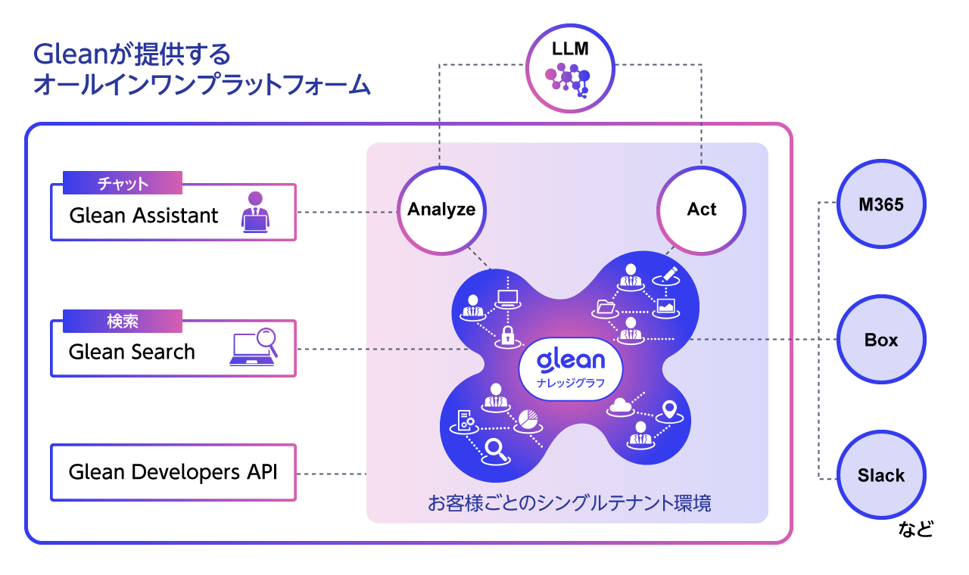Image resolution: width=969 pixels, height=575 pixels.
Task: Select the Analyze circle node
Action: coord(441,210)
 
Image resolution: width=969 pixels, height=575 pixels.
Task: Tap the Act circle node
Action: coord(701,210)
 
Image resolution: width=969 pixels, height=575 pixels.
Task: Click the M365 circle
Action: coord(881,204)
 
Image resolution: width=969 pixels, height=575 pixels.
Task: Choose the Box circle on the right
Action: coord(881,340)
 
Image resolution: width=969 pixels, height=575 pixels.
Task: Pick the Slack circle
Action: coord(881,475)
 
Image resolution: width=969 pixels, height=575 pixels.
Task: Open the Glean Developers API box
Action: coord(173,472)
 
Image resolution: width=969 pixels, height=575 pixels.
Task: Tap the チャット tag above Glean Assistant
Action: coord(123,183)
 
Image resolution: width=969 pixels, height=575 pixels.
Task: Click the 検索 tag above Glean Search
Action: coord(123,321)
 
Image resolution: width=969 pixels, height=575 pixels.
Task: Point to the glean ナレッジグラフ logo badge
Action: coord(571,368)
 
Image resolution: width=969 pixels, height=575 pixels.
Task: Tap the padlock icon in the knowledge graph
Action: coord(506,334)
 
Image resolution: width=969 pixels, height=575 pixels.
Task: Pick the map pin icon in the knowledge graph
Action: coord(668,410)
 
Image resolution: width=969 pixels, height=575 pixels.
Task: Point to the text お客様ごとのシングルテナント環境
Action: coord(569,503)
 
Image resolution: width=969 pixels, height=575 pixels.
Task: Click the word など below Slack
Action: coord(915,528)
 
